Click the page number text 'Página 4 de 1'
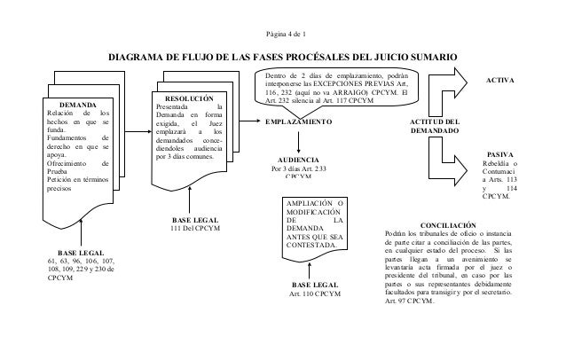[283, 35]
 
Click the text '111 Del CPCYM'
[193, 230]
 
